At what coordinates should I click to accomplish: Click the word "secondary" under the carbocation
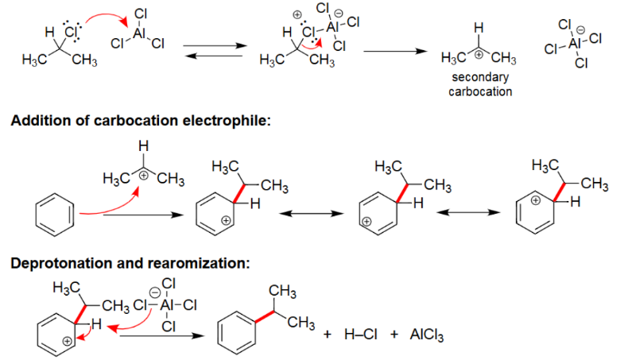click(x=479, y=78)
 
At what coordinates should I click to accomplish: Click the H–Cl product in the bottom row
click(x=359, y=335)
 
